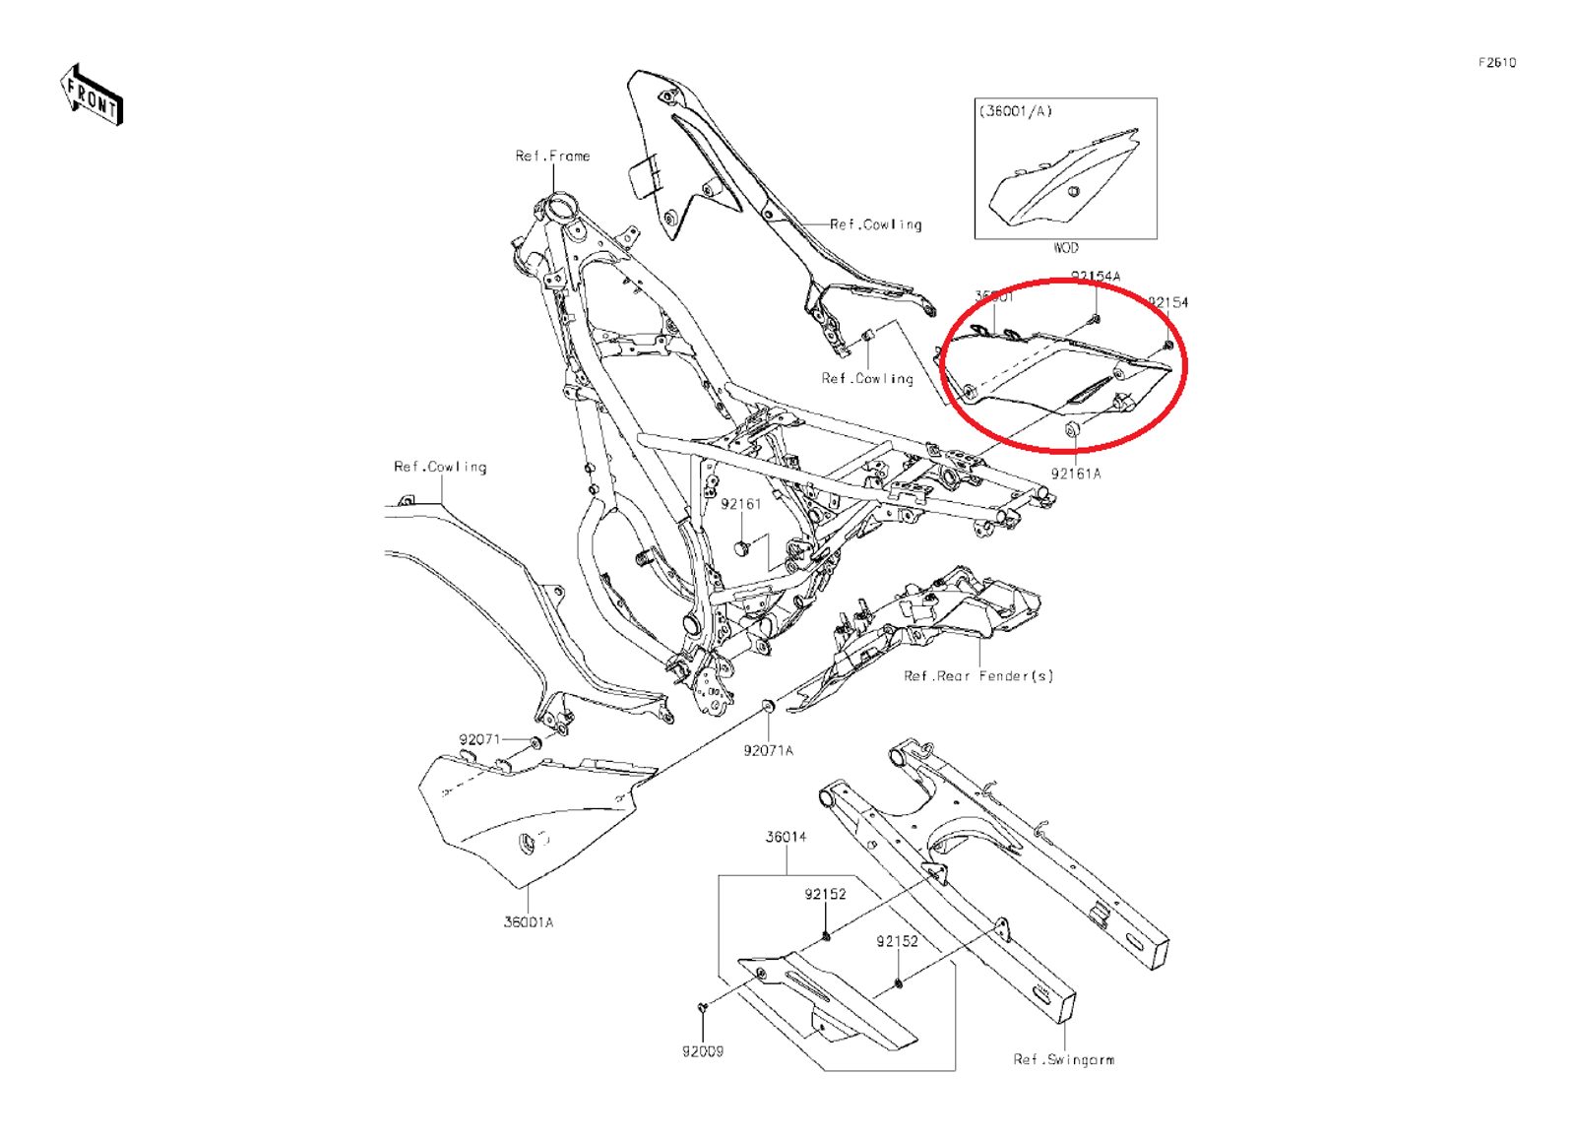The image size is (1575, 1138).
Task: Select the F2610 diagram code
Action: pos(1496,63)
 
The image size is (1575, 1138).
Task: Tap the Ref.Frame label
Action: pos(552,156)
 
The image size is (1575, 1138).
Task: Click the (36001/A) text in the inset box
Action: pos(1015,111)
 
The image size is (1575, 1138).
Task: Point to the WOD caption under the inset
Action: pos(1066,248)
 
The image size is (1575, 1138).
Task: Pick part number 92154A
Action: pos(1095,277)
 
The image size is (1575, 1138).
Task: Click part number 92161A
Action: pos(1076,474)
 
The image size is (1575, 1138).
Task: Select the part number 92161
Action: pos(740,504)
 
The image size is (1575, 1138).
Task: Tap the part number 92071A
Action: pos(768,750)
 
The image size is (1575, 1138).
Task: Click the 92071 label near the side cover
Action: pos(479,739)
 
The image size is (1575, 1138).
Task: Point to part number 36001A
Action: pos(529,922)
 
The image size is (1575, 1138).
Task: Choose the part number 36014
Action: pos(786,837)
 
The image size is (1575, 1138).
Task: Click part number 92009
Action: pos(703,1051)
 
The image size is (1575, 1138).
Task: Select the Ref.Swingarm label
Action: pos(1063,1059)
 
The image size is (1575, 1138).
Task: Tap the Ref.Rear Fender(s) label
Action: pos(978,676)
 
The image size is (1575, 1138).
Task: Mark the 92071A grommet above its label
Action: pos(768,707)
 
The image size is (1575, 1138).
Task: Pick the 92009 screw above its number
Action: pos(703,1008)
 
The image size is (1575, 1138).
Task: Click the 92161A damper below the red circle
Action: pos(1072,429)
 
